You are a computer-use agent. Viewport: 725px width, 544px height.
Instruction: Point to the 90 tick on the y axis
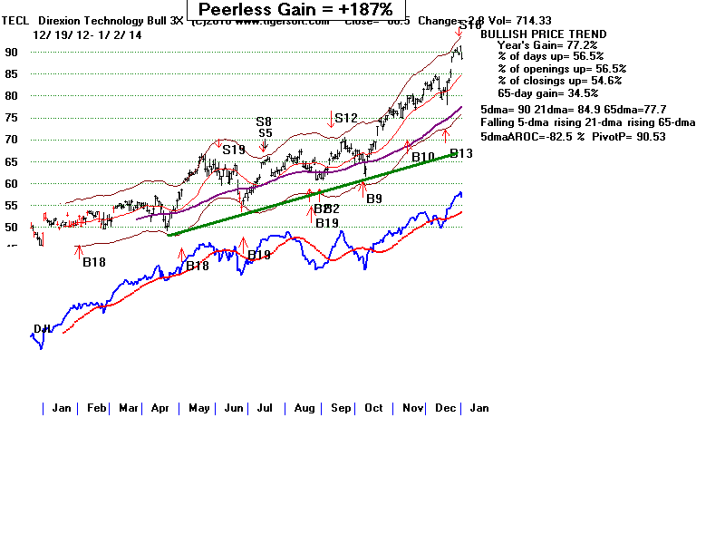point(12,53)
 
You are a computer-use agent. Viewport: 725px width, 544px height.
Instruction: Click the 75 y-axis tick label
point(12,118)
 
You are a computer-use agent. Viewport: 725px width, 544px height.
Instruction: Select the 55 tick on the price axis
point(12,205)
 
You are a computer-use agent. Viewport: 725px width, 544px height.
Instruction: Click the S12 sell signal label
point(346,118)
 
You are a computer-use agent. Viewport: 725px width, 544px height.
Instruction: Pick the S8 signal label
point(264,121)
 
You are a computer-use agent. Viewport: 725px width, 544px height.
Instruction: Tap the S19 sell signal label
point(234,150)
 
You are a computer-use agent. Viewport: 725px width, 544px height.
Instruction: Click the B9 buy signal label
point(374,198)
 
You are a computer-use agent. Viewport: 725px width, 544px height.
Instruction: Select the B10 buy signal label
point(423,158)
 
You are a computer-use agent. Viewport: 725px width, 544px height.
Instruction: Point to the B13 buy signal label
point(461,154)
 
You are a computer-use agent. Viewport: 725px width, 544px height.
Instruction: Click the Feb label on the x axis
point(96,408)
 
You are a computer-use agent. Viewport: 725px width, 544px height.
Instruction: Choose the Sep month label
point(340,408)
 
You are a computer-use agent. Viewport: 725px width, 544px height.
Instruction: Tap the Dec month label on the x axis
point(444,408)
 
